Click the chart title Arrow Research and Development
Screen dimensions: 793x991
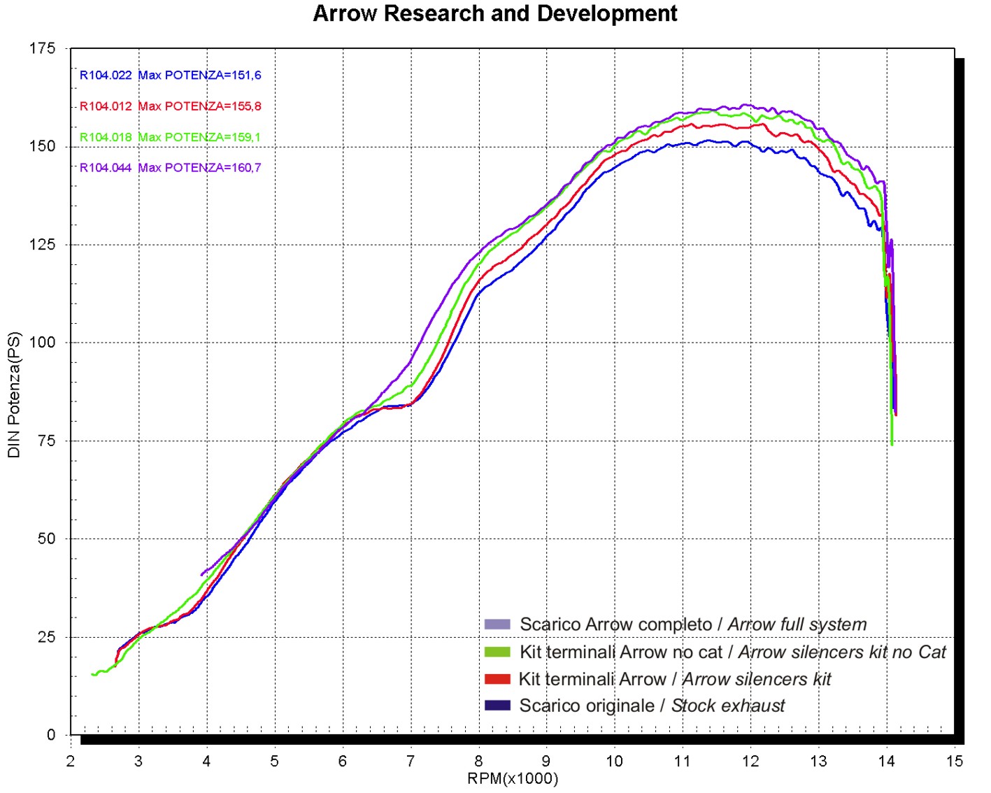tap(494, 14)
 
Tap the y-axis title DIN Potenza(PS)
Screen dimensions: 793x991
tap(14, 395)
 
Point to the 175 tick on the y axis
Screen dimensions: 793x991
tap(42, 48)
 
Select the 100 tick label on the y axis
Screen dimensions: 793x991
tap(42, 343)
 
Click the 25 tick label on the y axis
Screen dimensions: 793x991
tap(46, 637)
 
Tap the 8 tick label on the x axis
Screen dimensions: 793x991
tap(478, 762)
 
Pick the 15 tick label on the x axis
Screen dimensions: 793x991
tap(954, 762)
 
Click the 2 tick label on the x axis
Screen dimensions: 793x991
tap(71, 762)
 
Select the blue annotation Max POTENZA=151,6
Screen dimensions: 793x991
tap(199, 76)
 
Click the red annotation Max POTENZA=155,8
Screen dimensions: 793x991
tap(199, 106)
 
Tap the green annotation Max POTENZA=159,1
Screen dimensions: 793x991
tap(199, 137)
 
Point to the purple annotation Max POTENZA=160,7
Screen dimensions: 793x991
tap(199, 168)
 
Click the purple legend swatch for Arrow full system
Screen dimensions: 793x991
tap(497, 624)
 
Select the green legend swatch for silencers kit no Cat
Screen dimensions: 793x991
tap(497, 652)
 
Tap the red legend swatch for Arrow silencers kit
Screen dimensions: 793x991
tap(497, 679)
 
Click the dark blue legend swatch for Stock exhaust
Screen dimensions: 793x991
tap(497, 706)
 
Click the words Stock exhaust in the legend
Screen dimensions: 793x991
tap(728, 706)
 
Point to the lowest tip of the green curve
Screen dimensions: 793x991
tap(892, 444)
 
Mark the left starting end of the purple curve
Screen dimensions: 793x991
tap(202, 575)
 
